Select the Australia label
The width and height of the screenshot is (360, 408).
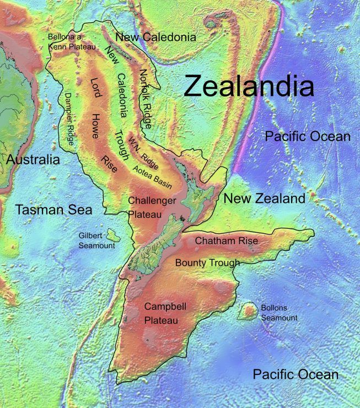[33, 160]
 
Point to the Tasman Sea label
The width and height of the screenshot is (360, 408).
[53, 210]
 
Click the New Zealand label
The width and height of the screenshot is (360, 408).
[264, 198]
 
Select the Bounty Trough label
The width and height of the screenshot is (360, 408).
[207, 263]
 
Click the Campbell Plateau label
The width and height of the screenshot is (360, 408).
[160, 313]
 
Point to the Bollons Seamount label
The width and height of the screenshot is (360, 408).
[279, 313]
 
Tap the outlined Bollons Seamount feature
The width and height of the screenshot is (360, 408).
[248, 312]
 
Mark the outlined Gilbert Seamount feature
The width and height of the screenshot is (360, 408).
[114, 234]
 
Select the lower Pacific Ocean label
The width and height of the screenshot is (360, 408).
[295, 375]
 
